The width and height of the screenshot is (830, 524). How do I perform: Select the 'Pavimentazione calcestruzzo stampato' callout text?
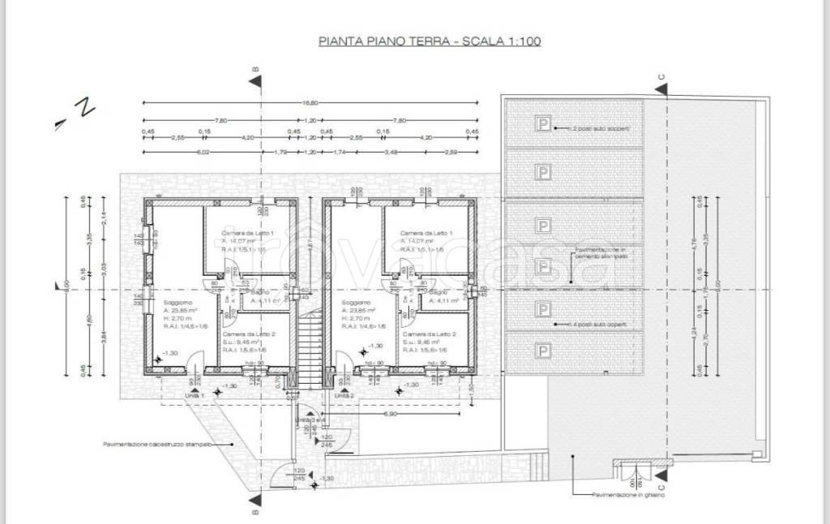157,445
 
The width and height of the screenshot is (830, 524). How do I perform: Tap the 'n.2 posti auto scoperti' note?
600,129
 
